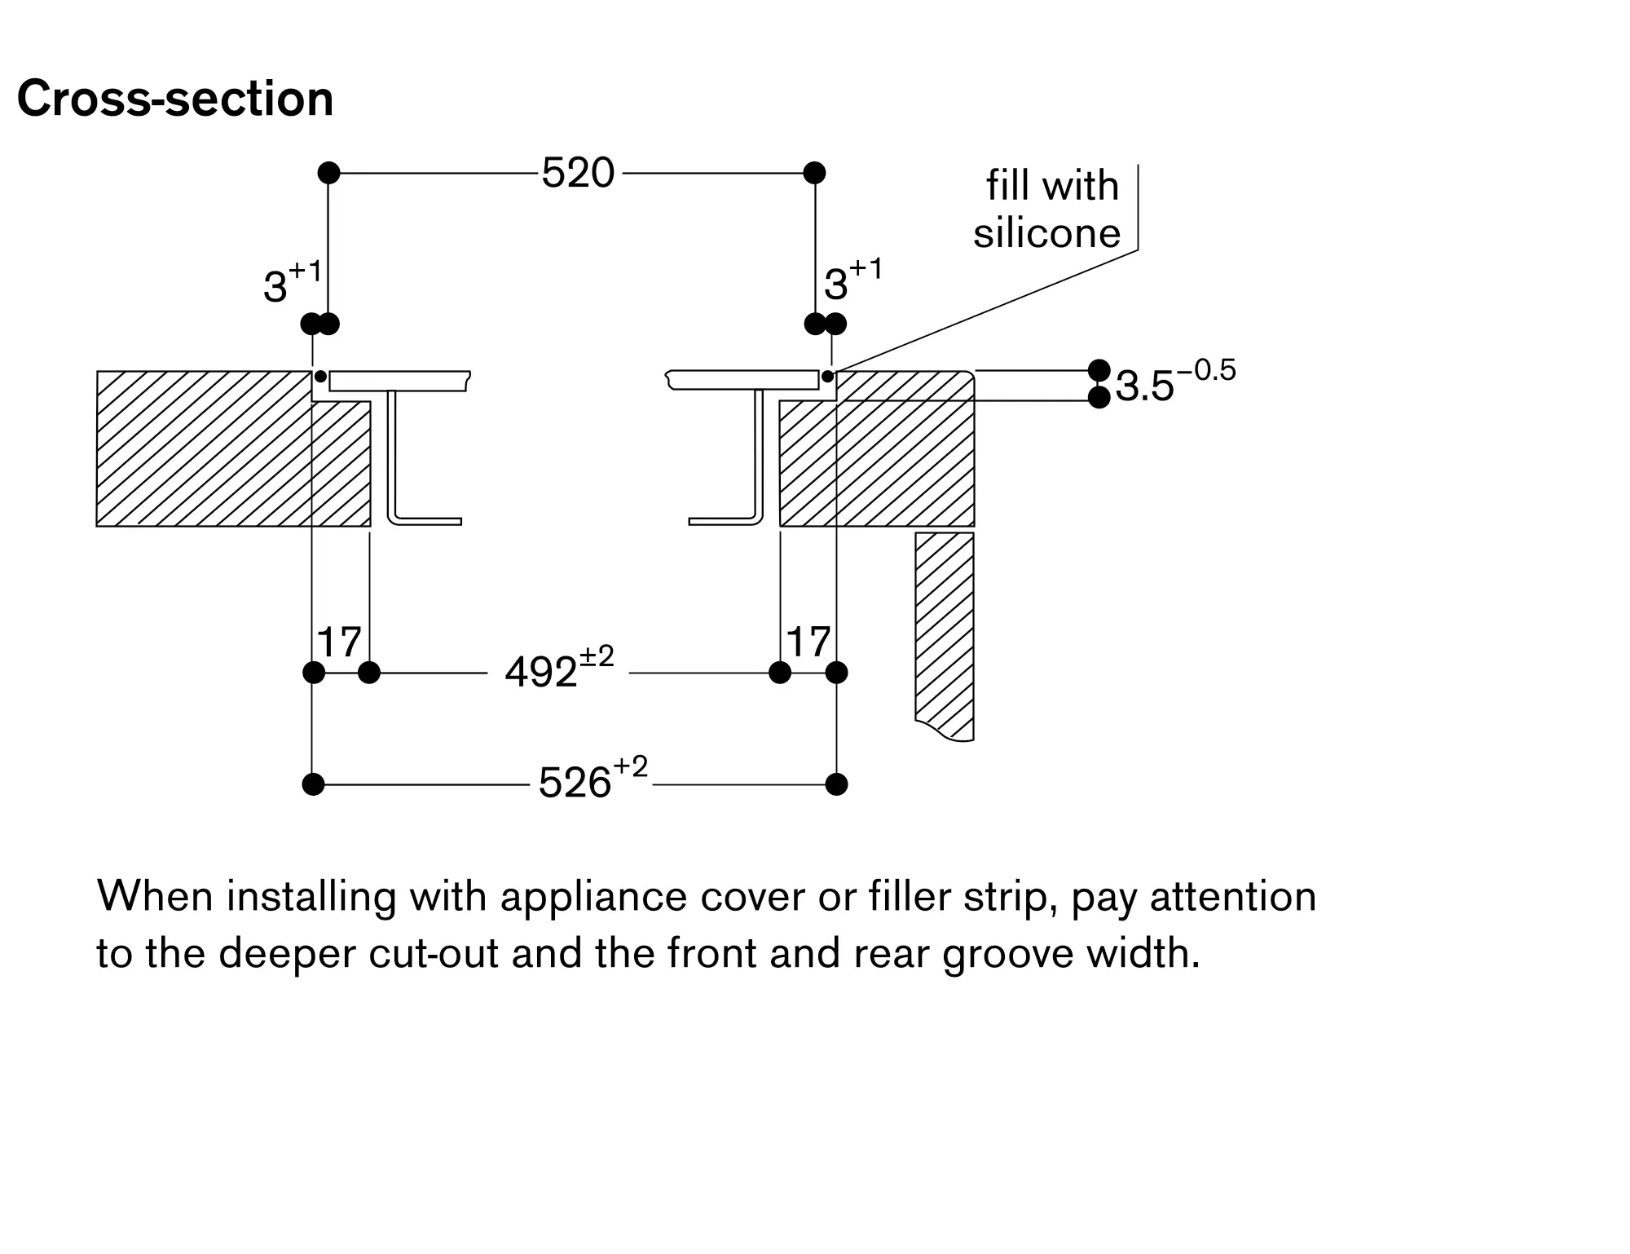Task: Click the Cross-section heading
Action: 175,99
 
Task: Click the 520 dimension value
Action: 578,173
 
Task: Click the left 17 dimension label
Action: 339,642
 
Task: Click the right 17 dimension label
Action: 808,642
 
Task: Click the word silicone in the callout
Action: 1047,233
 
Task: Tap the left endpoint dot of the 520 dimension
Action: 328,173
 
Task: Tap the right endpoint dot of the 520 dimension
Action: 814,173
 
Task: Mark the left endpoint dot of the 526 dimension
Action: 313,784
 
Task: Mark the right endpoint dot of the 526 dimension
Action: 836,784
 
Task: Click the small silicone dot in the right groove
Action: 827,376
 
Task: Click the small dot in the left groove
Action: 320,376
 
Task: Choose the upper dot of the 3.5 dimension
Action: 1099,370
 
